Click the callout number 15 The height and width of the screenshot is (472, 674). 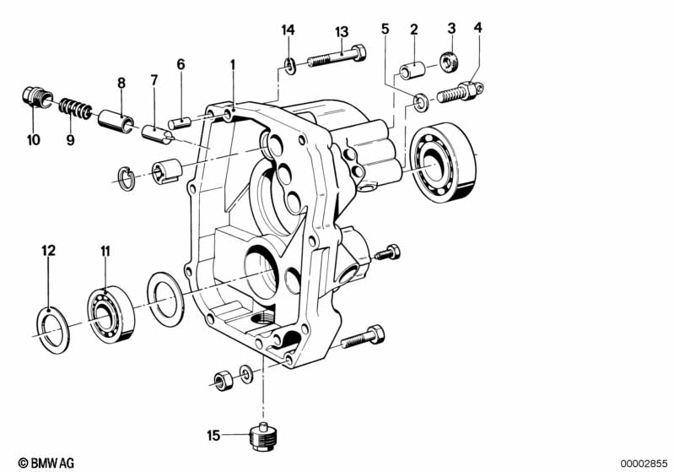pos(213,436)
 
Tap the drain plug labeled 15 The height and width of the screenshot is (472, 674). pos(264,437)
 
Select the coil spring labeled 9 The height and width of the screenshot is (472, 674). pos(75,109)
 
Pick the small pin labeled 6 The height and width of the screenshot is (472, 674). pos(179,122)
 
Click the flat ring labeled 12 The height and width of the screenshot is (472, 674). pos(51,330)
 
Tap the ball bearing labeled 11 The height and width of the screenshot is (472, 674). pos(111,313)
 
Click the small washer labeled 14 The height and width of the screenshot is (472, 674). pos(289,66)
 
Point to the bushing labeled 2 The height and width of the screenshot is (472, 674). pos(412,70)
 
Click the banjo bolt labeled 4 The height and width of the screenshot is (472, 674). pos(461,92)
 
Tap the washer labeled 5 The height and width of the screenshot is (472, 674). pos(418,103)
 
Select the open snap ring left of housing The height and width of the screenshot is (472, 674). pos(127,177)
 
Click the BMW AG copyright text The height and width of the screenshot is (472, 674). pos(46,463)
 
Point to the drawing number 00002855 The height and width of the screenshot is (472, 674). pos(644,464)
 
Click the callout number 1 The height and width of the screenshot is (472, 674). pos(233,65)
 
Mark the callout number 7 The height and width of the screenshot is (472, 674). pos(154,80)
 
